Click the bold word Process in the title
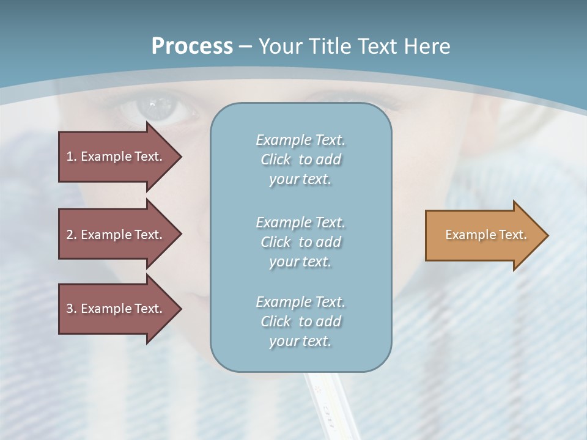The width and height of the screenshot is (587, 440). click(192, 46)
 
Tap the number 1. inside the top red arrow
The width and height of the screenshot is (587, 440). click(72, 156)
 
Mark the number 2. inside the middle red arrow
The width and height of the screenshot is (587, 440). click(72, 235)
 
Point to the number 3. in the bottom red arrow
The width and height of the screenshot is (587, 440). click(72, 309)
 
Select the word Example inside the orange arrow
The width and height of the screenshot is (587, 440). click(467, 235)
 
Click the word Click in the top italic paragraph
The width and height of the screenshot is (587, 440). click(276, 160)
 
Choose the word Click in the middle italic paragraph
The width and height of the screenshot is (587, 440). click(276, 242)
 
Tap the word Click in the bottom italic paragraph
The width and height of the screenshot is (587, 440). click(276, 321)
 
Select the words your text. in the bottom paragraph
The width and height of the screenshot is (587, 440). click(300, 342)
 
